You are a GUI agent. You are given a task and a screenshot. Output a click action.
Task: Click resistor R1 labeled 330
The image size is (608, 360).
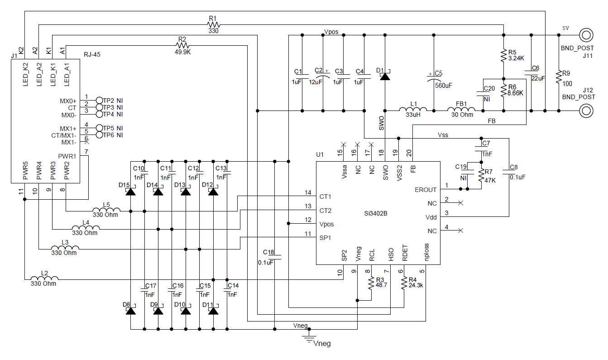213,24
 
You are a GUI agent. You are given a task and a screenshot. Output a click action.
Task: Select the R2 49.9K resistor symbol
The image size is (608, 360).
182,45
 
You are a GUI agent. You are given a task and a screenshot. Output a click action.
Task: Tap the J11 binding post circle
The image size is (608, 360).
586,34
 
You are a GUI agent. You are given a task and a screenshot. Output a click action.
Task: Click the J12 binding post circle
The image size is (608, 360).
586,110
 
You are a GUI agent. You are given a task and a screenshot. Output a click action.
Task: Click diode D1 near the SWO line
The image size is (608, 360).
385,76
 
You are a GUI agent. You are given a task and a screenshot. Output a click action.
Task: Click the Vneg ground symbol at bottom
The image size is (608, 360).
310,337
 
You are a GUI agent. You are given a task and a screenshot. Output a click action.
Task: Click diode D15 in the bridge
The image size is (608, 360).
130,191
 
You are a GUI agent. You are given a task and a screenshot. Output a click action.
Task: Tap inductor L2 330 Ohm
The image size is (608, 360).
44,279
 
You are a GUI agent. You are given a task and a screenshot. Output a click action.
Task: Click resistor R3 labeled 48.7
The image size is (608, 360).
371,284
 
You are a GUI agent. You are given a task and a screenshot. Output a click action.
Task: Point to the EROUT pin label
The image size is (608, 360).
426,190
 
